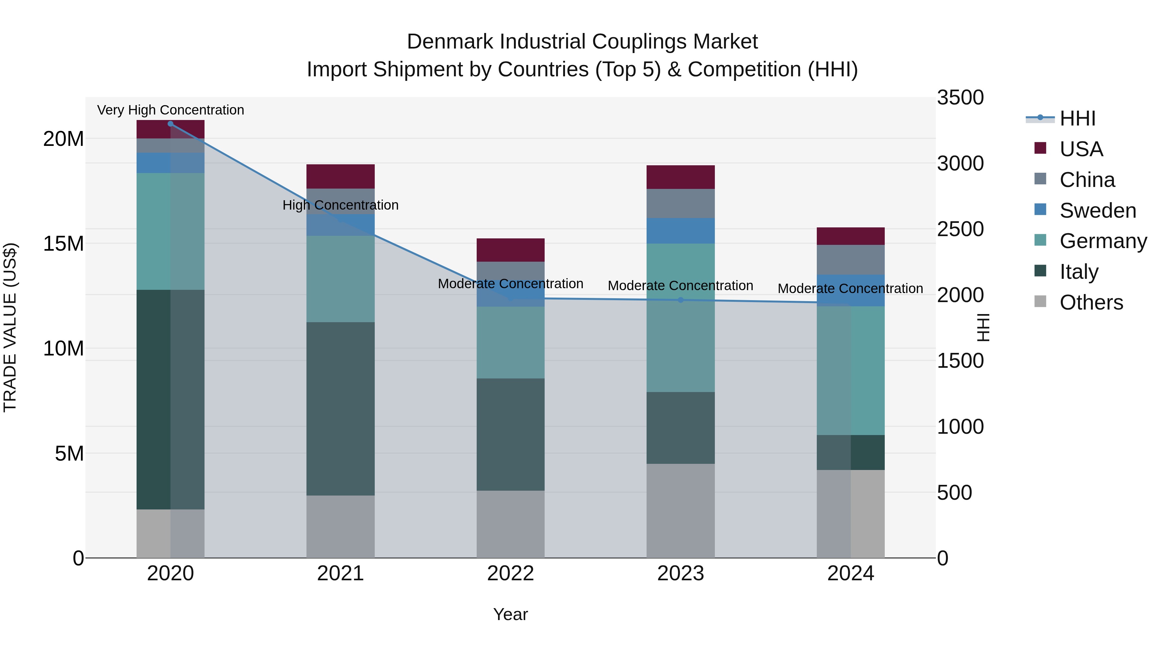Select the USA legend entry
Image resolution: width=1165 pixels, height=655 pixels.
pyautogui.click(x=1081, y=149)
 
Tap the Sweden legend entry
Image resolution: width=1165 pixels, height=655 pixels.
pyautogui.click(x=1098, y=211)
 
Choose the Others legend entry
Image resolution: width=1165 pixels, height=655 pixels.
pyautogui.click(x=1091, y=302)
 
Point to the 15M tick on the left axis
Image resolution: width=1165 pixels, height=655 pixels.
pyautogui.click(x=63, y=244)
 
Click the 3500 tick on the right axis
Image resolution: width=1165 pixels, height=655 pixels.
pyautogui.click(x=960, y=98)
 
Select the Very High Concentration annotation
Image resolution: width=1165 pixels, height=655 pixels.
pyautogui.click(x=171, y=110)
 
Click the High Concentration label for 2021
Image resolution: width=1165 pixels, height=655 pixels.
pyautogui.click(x=340, y=205)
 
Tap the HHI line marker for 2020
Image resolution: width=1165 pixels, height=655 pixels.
pyautogui.click(x=171, y=124)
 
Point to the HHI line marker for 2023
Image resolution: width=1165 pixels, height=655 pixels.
pyautogui.click(x=680, y=300)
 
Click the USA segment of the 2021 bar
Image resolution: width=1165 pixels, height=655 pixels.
pyautogui.click(x=340, y=176)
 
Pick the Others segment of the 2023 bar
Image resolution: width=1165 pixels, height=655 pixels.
pyautogui.click(x=680, y=511)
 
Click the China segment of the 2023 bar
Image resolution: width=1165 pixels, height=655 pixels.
pyautogui.click(x=680, y=203)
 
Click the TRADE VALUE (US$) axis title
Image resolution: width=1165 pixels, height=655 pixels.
pyautogui.click(x=10, y=327)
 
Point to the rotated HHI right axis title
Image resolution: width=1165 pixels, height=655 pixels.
pyautogui.click(x=983, y=327)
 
